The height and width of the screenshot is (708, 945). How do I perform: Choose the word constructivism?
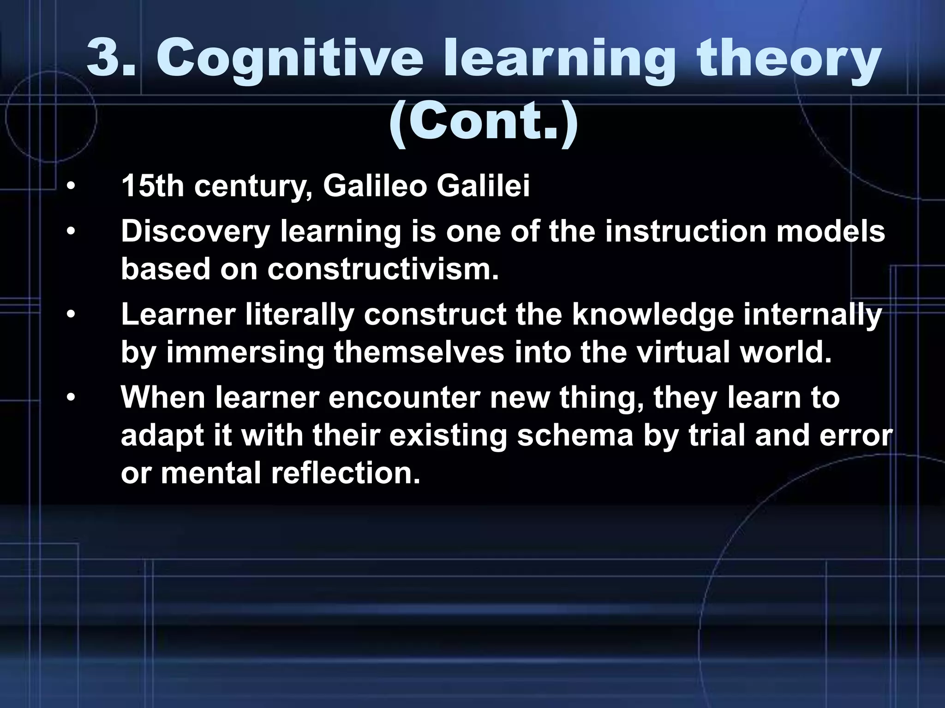(x=383, y=269)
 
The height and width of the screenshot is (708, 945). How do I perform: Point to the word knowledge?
(x=653, y=315)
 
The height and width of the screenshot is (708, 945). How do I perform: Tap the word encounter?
(x=404, y=397)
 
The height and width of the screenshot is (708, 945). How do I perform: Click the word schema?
(x=575, y=436)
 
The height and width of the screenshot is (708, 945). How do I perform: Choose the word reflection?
(x=346, y=473)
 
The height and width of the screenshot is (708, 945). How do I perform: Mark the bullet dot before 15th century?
(x=70, y=187)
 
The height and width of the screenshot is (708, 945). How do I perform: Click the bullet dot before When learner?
(x=70, y=398)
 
